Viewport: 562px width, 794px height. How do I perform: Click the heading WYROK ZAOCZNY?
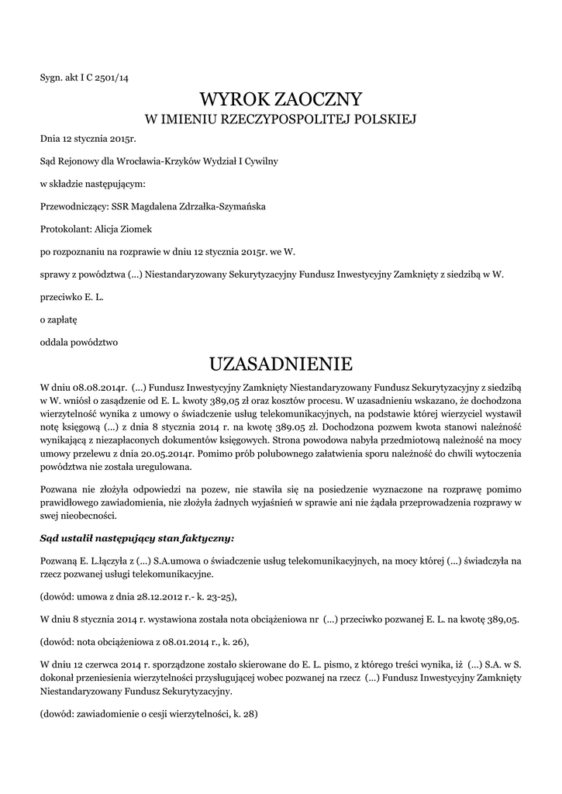pyautogui.click(x=281, y=99)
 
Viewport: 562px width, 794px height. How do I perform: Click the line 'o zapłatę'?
pyautogui.click(x=59, y=319)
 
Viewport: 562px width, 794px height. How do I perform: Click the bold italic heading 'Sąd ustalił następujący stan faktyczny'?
pyautogui.click(x=136, y=537)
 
